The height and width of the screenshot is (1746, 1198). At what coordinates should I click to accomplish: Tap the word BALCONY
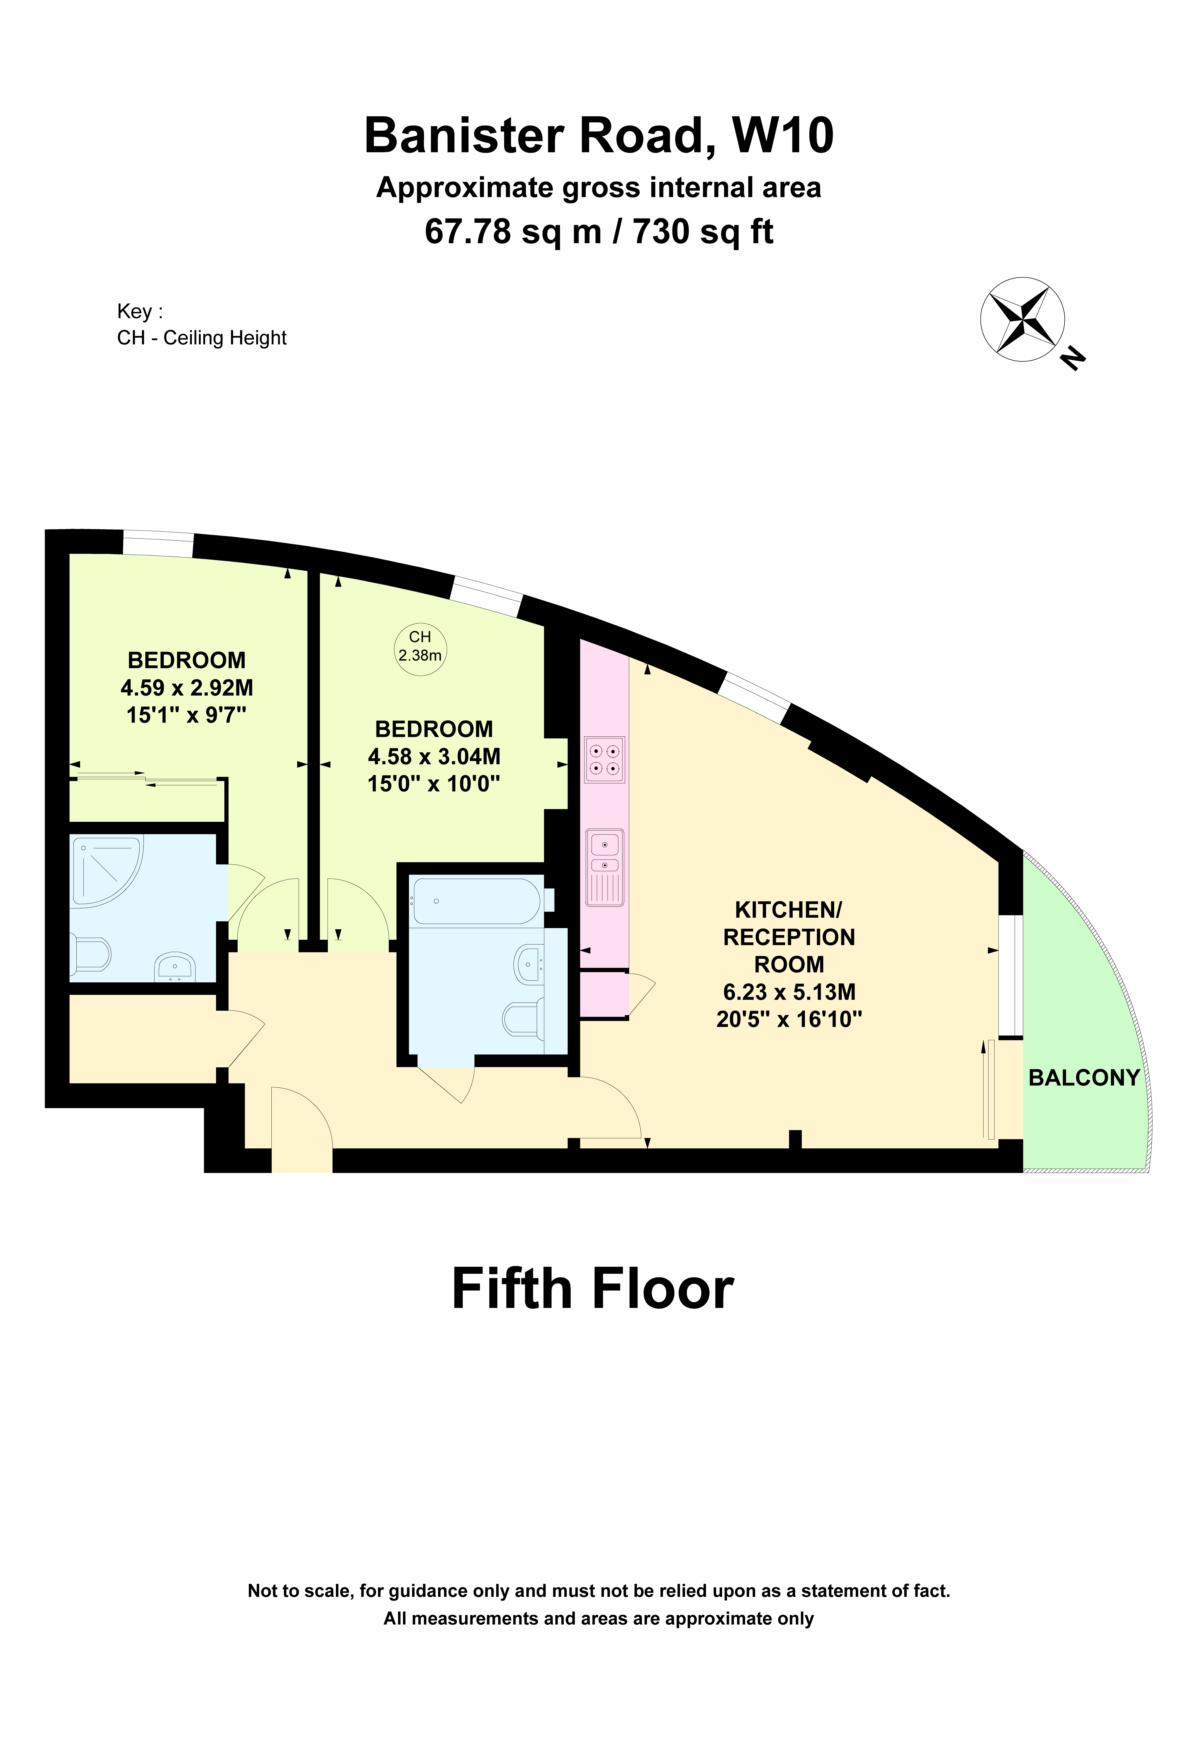coord(1084,1078)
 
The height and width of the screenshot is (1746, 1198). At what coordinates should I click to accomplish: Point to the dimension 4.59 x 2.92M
coord(186,687)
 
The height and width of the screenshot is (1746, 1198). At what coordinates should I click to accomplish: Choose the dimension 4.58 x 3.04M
coord(434,757)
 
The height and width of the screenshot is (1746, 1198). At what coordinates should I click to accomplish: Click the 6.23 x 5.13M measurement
coord(788,992)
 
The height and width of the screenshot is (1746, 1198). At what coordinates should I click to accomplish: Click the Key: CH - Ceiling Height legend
coord(201,325)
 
